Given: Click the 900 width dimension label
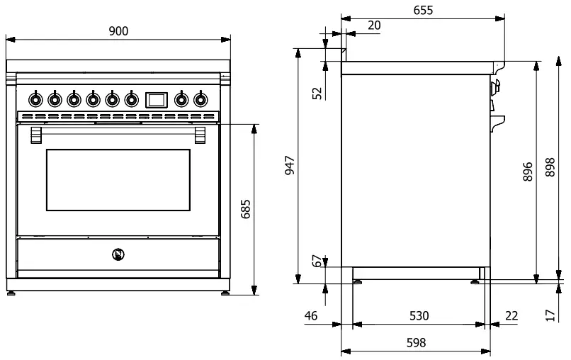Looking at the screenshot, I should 118,30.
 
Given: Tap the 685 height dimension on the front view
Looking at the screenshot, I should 246,210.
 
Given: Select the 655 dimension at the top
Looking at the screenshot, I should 422,10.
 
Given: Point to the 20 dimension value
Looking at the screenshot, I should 374,26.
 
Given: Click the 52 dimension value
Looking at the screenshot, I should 317,93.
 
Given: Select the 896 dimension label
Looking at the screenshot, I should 528,171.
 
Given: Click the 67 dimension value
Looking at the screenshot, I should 317,261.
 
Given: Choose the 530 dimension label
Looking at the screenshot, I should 419,315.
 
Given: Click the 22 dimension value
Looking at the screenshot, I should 511,315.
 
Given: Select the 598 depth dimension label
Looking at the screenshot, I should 417,342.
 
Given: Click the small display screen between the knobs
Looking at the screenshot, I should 156,99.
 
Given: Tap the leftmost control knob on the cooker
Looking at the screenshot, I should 35,99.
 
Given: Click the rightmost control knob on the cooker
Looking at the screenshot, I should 200,99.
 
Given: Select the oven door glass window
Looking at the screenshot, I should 118,181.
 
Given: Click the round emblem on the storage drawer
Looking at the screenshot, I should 118,253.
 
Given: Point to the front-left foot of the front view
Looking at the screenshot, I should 12,291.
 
